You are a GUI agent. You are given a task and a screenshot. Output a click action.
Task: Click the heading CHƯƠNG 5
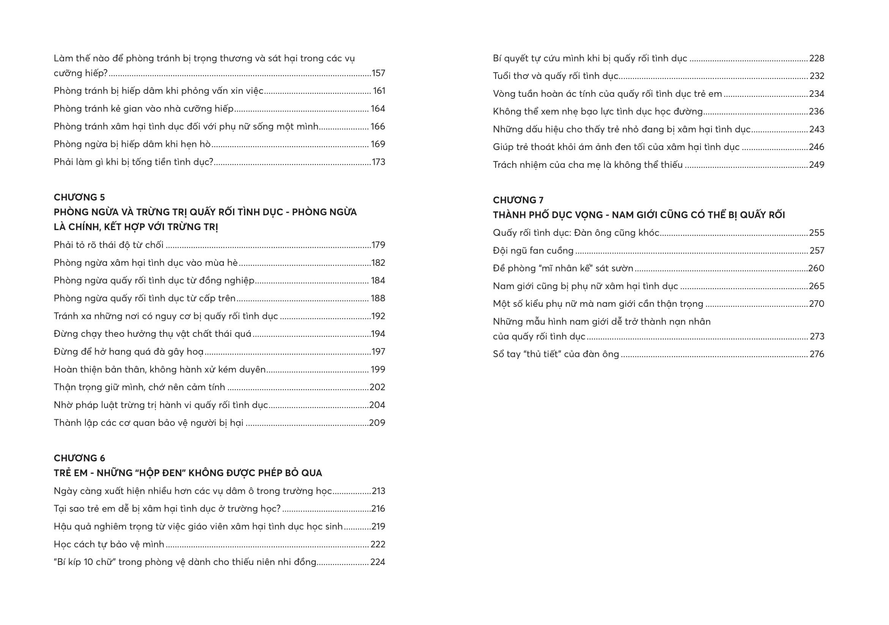point(79,197)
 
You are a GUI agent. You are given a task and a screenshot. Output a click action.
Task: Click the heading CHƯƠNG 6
point(79,458)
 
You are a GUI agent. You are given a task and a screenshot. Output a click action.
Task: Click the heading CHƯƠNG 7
point(518,200)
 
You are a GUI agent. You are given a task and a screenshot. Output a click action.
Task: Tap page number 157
point(378,73)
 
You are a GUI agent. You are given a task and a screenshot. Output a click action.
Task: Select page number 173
point(378,162)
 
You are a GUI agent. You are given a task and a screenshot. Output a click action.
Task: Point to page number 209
point(377,423)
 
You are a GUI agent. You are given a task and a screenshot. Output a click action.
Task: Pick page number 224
point(378,562)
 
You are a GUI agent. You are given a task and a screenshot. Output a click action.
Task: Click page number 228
point(817,58)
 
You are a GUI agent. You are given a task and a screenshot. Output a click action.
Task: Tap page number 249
point(817,165)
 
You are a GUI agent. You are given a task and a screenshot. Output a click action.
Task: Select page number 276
point(817,354)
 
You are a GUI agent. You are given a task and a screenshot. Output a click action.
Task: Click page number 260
point(816,268)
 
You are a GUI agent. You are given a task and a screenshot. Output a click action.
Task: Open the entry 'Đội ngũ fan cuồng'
point(533,251)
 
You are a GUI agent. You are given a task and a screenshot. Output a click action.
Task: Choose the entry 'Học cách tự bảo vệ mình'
point(109,545)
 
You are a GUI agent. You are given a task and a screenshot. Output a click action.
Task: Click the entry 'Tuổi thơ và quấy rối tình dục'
point(555,76)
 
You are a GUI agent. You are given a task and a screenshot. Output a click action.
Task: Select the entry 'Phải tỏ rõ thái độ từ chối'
point(109,245)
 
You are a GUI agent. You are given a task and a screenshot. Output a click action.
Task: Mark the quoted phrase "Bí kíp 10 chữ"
point(85,562)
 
